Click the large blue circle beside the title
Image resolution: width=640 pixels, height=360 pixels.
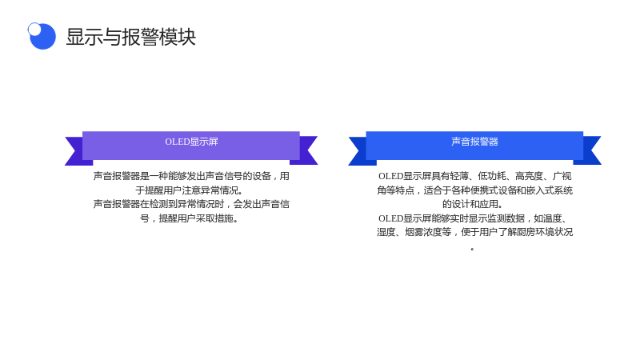pyautogui.click(x=43, y=37)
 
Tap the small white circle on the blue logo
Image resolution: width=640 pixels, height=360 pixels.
pyautogui.click(x=34, y=29)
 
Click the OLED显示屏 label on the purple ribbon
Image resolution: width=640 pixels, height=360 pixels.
pyautogui.click(x=191, y=142)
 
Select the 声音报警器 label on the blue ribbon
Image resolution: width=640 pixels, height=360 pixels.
pyautogui.click(x=474, y=142)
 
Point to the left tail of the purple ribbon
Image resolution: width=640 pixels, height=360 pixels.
pyautogui.click(x=78, y=150)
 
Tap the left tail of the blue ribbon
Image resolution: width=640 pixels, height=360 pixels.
pyautogui.click(x=362, y=150)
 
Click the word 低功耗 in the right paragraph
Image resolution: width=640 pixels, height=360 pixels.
pyautogui.click(x=492, y=176)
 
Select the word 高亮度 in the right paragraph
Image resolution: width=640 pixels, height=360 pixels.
pyautogui.click(x=530, y=176)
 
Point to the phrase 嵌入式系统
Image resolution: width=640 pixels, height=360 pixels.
pyautogui.click(x=550, y=190)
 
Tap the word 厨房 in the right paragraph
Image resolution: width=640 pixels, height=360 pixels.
pyautogui.click(x=526, y=232)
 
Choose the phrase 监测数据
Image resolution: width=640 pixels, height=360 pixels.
pyautogui.click(x=506, y=218)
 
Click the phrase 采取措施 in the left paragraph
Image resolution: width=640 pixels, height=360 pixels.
pyautogui.click(x=214, y=218)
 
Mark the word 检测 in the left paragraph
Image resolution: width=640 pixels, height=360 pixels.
pyautogui.click(x=158, y=204)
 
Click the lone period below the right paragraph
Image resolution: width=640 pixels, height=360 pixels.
pyautogui.click(x=472, y=249)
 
